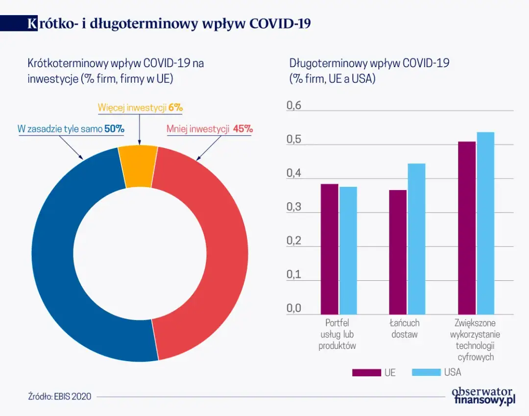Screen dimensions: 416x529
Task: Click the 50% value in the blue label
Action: tap(114, 129)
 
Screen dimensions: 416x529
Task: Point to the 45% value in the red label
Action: tap(243, 129)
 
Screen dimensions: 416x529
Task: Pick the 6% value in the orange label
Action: tap(175, 107)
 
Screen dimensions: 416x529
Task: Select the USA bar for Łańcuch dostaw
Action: tap(416, 239)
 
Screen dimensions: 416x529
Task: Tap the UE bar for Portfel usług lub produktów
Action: tap(329, 249)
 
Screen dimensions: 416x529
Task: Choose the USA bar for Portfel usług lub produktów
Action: tap(348, 250)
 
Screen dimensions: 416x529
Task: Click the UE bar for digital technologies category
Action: tap(466, 228)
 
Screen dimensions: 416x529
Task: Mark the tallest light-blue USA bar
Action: tap(485, 223)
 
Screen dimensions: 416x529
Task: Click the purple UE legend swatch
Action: tap(366, 372)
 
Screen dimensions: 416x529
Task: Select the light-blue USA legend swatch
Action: tap(426, 372)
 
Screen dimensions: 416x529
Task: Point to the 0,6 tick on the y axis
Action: tap(294, 106)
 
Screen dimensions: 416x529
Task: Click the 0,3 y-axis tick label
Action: tap(294, 207)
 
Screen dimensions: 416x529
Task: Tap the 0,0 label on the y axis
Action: tap(294, 309)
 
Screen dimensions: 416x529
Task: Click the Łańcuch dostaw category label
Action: tap(404, 329)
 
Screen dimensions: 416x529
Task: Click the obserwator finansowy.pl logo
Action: tap(483, 395)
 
